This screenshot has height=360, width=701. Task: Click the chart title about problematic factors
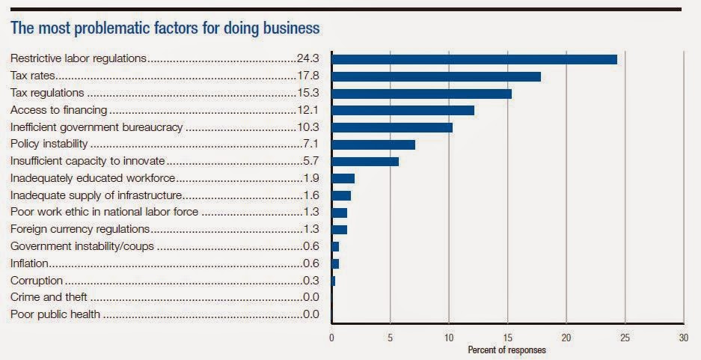click(x=165, y=28)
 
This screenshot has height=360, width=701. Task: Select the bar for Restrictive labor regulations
click(x=474, y=59)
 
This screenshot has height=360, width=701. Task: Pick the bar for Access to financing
click(x=402, y=110)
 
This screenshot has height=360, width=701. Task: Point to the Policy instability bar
click(x=373, y=144)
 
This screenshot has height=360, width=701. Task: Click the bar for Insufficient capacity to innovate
click(x=365, y=161)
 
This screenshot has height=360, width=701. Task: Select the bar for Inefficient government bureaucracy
click(x=392, y=127)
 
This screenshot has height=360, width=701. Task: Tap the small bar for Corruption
click(x=334, y=281)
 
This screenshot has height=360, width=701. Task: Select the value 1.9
click(x=312, y=178)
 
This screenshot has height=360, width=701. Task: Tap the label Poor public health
click(x=55, y=315)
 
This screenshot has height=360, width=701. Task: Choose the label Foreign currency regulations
click(x=80, y=229)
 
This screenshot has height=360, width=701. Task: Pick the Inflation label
click(x=29, y=263)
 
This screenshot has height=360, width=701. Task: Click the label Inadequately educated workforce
click(x=93, y=178)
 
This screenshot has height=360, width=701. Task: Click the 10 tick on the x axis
click(x=449, y=338)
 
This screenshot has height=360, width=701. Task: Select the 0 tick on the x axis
click(x=332, y=338)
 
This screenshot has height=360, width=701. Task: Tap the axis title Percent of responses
click(x=506, y=350)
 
